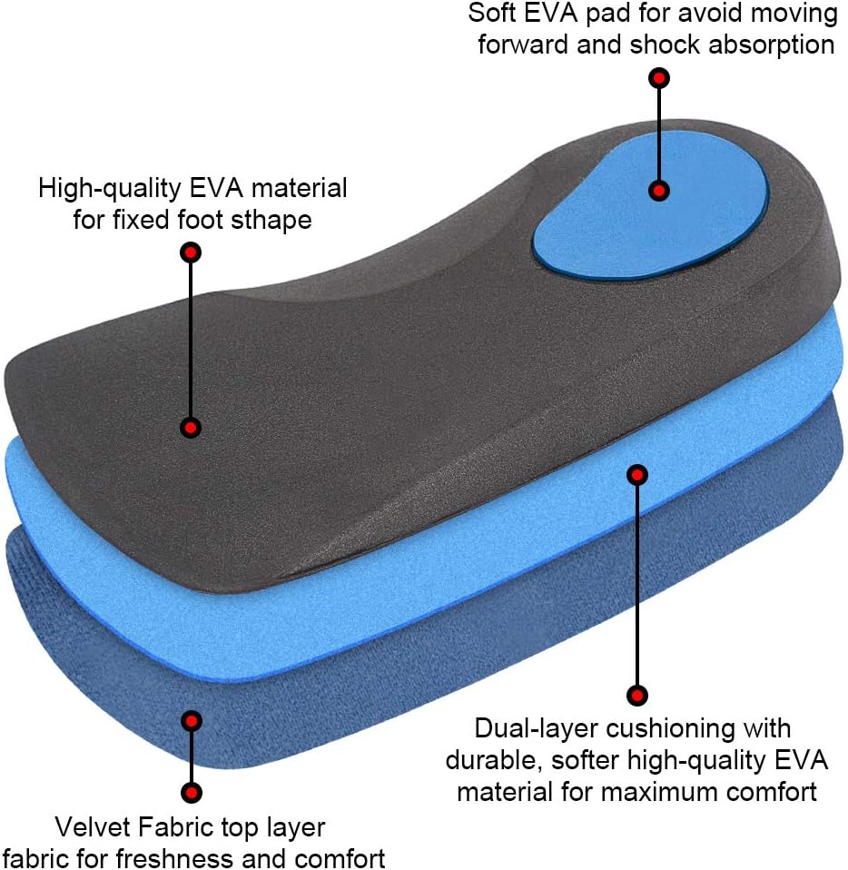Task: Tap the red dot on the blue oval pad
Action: pos(660,191)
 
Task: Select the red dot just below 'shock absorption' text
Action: pos(660,78)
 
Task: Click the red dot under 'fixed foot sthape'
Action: pos(191,252)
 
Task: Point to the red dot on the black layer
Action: pos(191,427)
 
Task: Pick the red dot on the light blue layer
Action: pos(637,474)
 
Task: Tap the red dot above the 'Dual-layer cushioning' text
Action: pos(637,696)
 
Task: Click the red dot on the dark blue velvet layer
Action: pos(191,722)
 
